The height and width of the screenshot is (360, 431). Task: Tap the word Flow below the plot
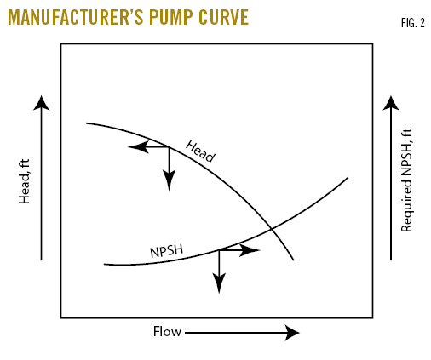(x=167, y=332)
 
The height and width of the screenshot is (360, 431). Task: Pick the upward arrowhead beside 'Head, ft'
(x=41, y=105)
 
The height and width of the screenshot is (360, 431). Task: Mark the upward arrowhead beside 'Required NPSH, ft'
(x=391, y=105)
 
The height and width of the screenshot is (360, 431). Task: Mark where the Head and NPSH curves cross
(x=271, y=227)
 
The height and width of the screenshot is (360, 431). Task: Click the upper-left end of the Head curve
(x=87, y=123)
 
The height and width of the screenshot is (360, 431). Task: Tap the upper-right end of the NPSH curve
(x=348, y=177)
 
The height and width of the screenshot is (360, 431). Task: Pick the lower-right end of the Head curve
(x=294, y=260)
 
